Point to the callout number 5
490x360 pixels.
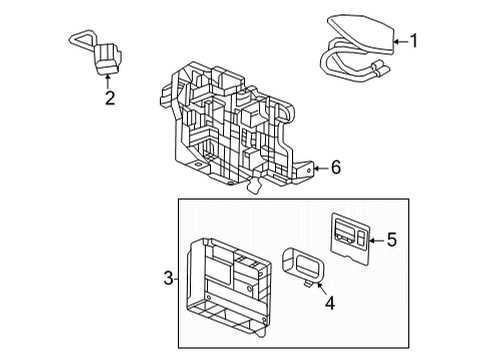point(391,240)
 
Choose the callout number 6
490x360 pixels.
point(336,168)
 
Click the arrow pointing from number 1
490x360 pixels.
point(401,42)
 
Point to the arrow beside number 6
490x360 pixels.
point(320,168)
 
